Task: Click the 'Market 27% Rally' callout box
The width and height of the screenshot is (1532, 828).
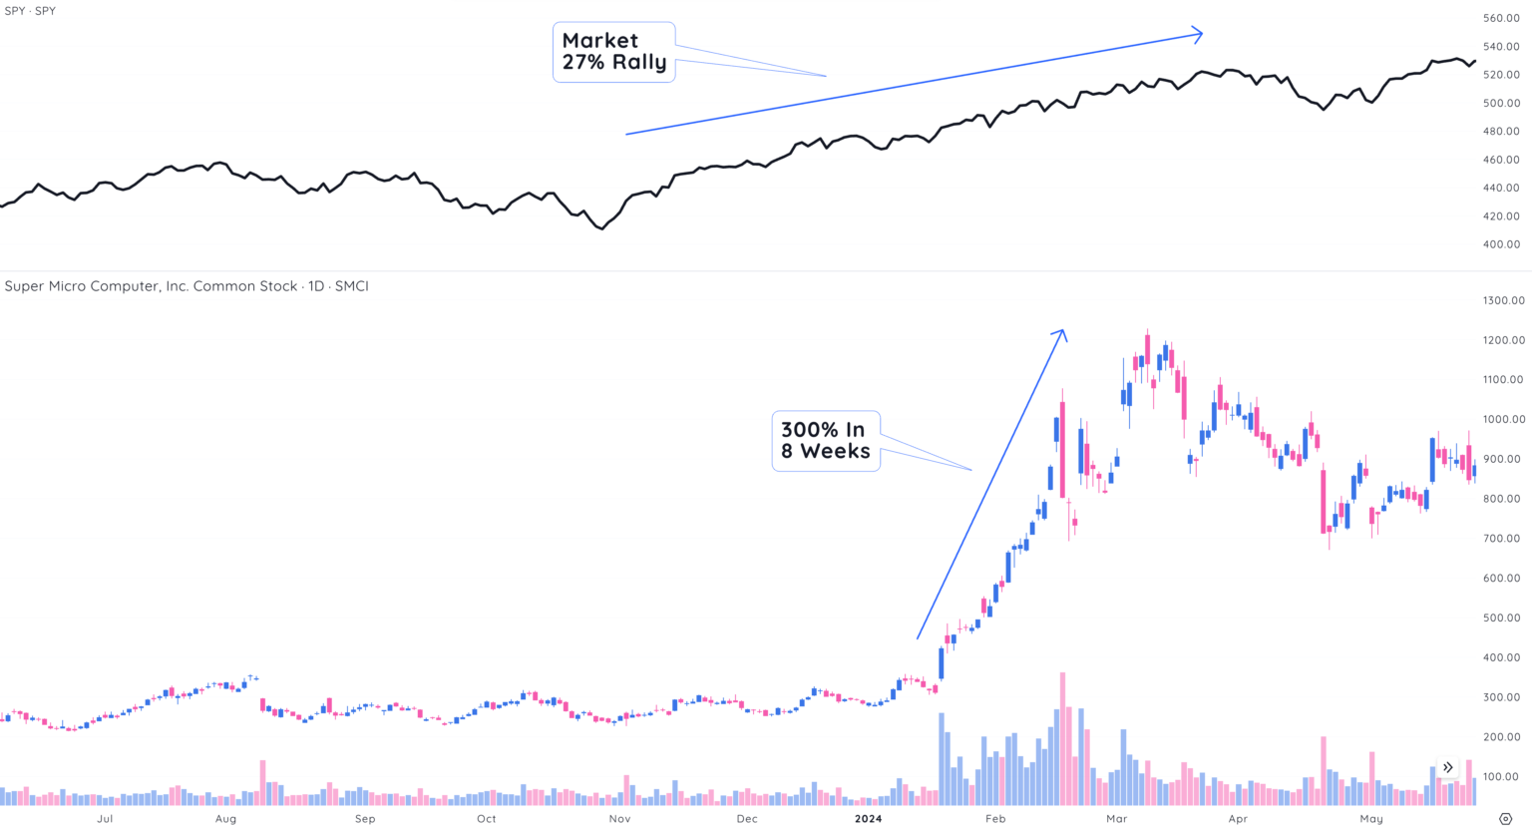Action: coord(613,52)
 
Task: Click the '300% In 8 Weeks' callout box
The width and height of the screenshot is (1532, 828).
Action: coord(825,441)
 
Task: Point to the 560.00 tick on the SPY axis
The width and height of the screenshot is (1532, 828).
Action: coord(1500,18)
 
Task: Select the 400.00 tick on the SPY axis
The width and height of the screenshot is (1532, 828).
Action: coord(1500,244)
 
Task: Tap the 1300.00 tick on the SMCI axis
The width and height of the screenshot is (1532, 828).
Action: coord(1503,300)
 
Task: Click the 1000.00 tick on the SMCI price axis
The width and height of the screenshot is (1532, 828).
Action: coord(1503,419)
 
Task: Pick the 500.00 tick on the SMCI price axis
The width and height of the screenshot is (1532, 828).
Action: coord(1503,618)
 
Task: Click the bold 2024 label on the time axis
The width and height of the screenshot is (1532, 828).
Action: coord(868,819)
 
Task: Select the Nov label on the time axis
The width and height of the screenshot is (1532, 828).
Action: coord(619,819)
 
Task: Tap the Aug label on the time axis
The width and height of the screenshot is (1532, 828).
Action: coord(225,819)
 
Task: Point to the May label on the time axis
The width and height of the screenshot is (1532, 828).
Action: coord(1371,819)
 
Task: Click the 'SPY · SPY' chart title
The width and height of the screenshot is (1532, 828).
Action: coord(30,11)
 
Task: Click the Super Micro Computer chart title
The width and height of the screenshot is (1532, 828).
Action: coord(187,286)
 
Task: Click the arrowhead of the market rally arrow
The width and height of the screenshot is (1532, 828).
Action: coord(1199,35)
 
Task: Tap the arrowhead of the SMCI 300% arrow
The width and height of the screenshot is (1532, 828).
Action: coord(1062,333)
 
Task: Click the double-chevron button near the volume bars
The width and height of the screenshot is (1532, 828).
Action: coord(1447,767)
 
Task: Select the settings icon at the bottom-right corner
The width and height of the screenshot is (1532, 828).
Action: coord(1505,819)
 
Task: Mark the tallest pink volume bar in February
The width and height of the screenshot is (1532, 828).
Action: coord(1062,738)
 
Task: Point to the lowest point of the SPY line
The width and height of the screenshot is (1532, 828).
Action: coord(600,228)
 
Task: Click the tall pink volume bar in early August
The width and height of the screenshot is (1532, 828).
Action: coord(262,783)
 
